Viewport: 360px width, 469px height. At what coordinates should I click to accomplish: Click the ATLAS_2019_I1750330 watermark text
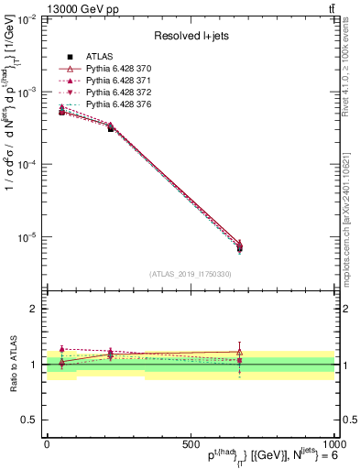(x=190, y=274)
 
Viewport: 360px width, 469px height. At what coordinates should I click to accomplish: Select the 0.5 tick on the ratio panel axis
(x=29, y=420)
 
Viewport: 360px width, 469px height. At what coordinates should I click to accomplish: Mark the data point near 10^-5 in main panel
(x=239, y=248)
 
